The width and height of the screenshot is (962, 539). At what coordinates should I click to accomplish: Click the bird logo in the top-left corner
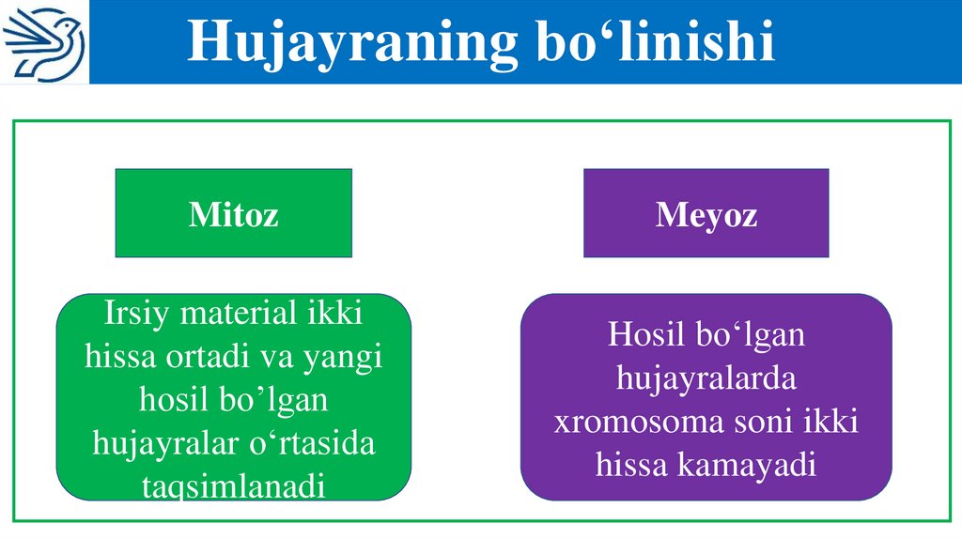point(44,42)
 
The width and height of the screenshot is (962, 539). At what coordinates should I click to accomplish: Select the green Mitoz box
point(233,214)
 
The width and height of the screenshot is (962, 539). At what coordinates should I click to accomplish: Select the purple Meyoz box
point(706,214)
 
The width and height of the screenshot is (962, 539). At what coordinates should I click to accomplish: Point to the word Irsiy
point(139,314)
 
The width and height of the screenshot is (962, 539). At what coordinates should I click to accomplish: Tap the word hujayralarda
point(706,378)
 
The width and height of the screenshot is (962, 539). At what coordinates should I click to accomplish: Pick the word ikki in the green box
point(334,314)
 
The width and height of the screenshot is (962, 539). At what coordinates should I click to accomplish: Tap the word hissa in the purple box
point(633,465)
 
